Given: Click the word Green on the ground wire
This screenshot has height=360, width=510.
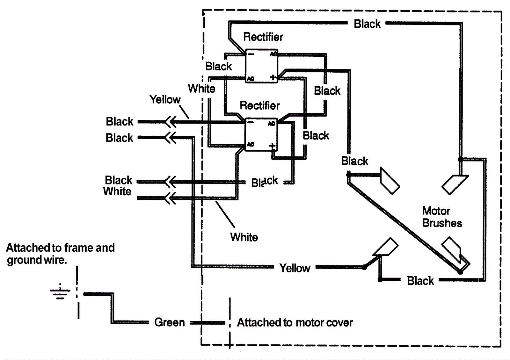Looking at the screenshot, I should [x=169, y=322].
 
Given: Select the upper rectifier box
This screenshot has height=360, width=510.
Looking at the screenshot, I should [x=261, y=66].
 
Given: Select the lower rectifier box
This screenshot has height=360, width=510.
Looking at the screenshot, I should [x=261, y=134].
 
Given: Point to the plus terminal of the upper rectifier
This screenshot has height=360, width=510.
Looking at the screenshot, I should [x=273, y=77].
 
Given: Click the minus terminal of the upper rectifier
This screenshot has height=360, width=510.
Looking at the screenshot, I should [x=251, y=54].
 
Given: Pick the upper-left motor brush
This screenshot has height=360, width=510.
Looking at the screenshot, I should [x=390, y=181].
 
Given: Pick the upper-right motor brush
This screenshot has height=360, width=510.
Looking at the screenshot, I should [x=455, y=184].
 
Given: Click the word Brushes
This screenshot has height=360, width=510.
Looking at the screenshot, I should [x=442, y=223].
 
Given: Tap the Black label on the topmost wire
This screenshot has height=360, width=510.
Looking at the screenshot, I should [x=367, y=24].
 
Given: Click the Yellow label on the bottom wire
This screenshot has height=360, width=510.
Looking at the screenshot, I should [x=295, y=268].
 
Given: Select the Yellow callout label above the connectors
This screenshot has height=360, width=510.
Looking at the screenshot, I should [x=165, y=99].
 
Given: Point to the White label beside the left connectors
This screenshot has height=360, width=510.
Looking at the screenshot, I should [x=117, y=191].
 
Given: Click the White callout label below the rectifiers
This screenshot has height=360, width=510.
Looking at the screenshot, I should [x=244, y=237].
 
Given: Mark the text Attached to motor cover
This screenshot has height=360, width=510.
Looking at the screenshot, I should [x=295, y=322].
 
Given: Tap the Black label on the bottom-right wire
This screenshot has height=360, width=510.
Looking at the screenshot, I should [x=420, y=281].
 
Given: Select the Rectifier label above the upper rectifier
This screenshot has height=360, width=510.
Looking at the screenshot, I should [x=263, y=37].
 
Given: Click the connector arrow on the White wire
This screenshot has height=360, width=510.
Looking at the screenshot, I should [x=170, y=198].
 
